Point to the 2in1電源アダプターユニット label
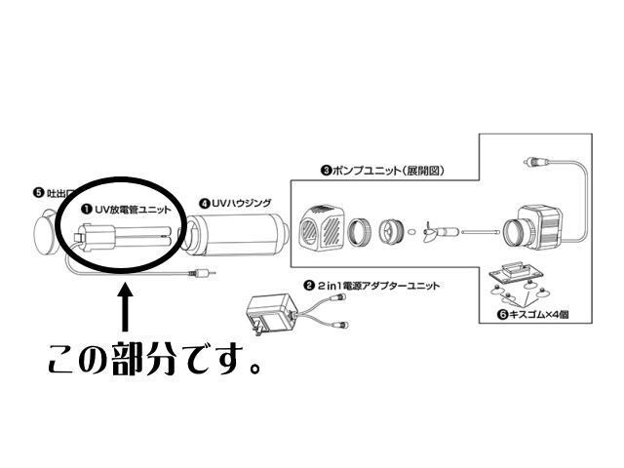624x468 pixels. click(x=376, y=287)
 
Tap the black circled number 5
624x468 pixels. click(x=37, y=193)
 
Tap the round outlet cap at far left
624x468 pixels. click(x=45, y=232)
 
